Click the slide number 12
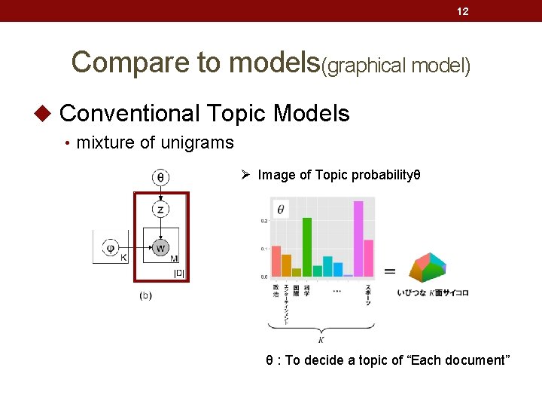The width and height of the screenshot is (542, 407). [463, 11]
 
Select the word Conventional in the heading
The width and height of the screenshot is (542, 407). [129, 114]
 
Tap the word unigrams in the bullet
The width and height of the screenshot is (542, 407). [199, 142]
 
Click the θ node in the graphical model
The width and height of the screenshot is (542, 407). [160, 178]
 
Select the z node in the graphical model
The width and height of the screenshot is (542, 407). [160, 209]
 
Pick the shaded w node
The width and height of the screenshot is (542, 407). [160, 247]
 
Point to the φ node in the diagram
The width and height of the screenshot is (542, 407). [111, 247]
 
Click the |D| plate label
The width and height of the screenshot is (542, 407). [179, 273]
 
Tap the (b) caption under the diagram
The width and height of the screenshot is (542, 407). [146, 295]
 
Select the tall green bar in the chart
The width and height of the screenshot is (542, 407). [307, 246]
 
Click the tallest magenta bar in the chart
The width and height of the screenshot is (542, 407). [358, 238]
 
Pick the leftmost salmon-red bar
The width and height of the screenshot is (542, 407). [276, 261]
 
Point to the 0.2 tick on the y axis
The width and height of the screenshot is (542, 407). [264, 220]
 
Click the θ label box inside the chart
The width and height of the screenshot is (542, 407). [281, 210]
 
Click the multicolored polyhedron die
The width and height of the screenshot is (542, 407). [428, 267]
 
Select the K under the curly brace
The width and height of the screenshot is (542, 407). [321, 340]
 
